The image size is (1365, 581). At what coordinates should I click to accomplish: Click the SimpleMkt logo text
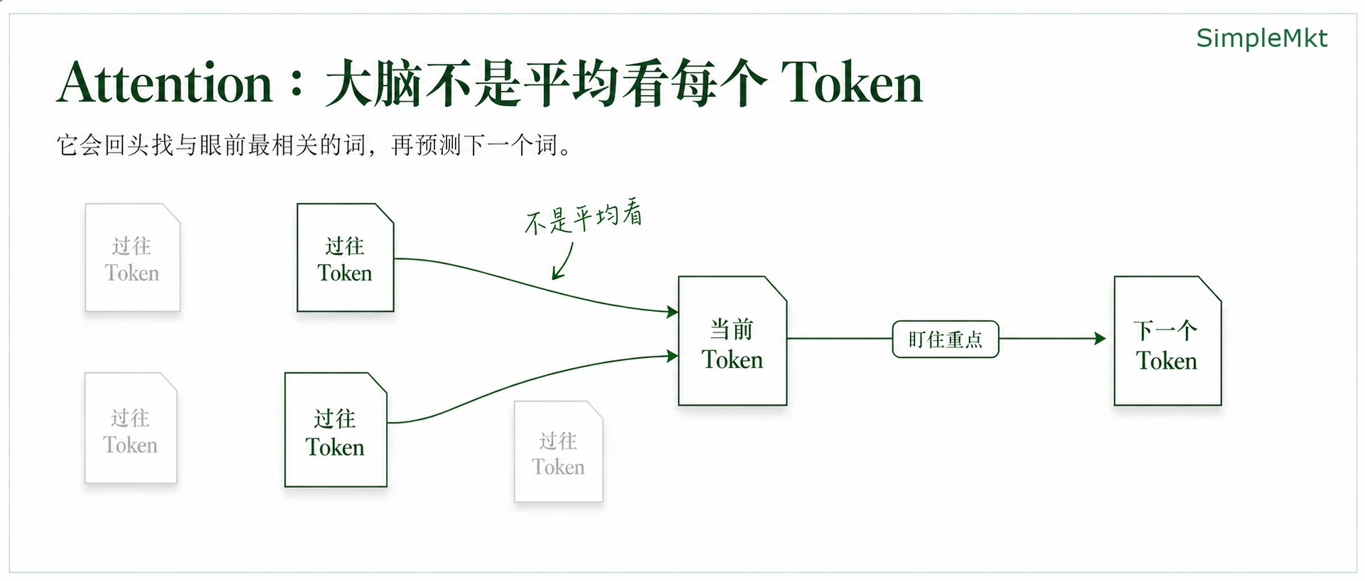pyautogui.click(x=1261, y=38)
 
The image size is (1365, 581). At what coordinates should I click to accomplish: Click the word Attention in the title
pyautogui.click(x=165, y=83)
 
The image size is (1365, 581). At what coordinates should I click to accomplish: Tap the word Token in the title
pyautogui.click(x=852, y=83)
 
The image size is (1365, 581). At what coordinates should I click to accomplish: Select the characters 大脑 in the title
pyautogui.click(x=374, y=83)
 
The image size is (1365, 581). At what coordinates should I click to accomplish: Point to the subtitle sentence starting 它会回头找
pyautogui.click(x=314, y=146)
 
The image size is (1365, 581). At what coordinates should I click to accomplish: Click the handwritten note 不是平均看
pyautogui.click(x=583, y=217)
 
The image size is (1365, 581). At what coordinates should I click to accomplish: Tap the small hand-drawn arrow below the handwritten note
pyautogui.click(x=562, y=261)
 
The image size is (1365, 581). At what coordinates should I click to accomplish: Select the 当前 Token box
pyautogui.click(x=733, y=341)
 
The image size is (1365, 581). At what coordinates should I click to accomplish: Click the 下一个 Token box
pyautogui.click(x=1168, y=341)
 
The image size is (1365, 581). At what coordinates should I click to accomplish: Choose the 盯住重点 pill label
pyautogui.click(x=945, y=340)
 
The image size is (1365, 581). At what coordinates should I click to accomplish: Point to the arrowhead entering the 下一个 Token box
pyautogui.click(x=1100, y=339)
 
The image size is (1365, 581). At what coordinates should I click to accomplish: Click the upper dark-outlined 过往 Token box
pyautogui.click(x=345, y=258)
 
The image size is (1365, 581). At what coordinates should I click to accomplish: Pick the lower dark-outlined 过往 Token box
pyautogui.click(x=336, y=430)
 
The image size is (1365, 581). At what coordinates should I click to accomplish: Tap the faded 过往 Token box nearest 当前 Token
pyautogui.click(x=559, y=452)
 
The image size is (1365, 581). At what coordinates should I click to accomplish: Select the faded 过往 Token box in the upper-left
pyautogui.click(x=133, y=258)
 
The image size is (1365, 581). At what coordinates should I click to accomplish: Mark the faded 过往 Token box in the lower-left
pyautogui.click(x=131, y=428)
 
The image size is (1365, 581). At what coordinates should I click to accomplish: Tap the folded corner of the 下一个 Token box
pyautogui.click(x=1210, y=288)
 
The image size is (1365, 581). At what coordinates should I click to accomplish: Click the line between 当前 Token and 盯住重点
pyautogui.click(x=840, y=339)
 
